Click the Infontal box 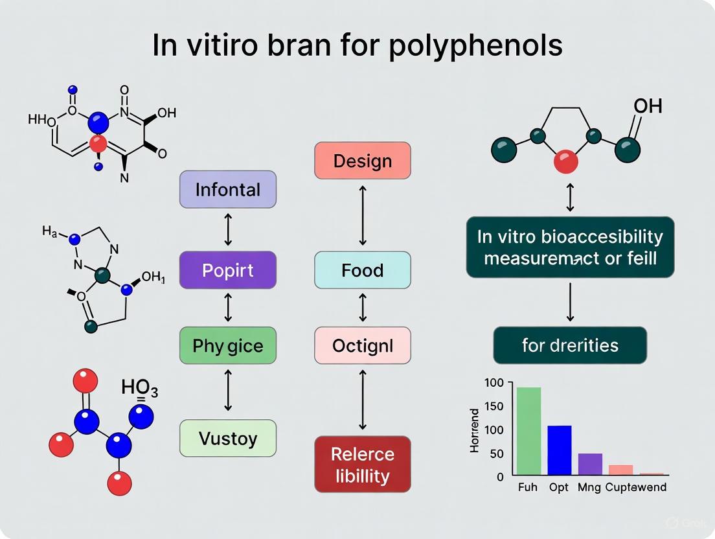click(227, 190)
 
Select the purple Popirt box click(227, 270)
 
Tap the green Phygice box click(227, 345)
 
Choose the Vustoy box click(227, 438)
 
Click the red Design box click(362, 161)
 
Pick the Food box click(362, 270)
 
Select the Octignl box click(362, 345)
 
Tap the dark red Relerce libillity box click(362, 464)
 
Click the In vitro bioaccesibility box click(570, 247)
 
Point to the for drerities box click(570, 345)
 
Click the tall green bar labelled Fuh click(528, 431)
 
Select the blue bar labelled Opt click(560, 450)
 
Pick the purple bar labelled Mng click(590, 464)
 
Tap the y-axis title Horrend click(475, 430)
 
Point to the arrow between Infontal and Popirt click(227, 230)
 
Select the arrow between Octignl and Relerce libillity click(362, 400)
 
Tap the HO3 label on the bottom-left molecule click(139, 388)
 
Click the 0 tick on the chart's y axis click(500, 476)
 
